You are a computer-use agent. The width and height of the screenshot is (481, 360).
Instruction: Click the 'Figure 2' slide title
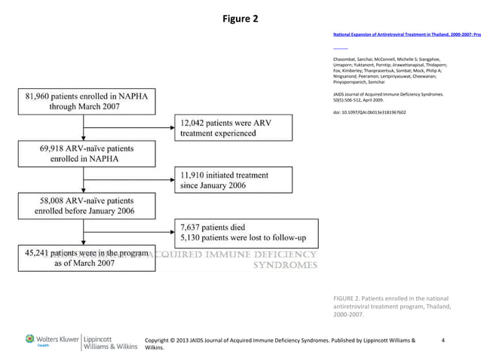pyautogui.click(x=240, y=17)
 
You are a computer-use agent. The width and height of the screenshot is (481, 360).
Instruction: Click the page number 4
pyautogui.click(x=443, y=340)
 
